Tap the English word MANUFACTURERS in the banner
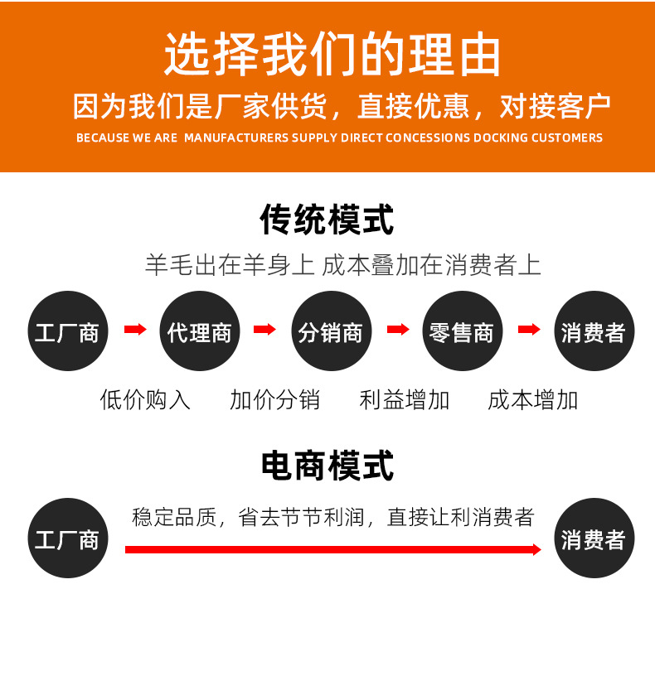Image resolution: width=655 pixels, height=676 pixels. tap(235, 138)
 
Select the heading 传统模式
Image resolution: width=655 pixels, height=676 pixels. tap(327, 220)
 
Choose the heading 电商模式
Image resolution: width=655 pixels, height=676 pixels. tap(327, 466)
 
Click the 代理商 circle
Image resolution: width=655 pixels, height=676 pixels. tap(199, 331)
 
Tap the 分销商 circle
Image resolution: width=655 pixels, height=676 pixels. tap(331, 331)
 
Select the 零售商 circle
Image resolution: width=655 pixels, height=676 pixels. tap(462, 331)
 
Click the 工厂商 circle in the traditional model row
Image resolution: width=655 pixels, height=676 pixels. tap(67, 331)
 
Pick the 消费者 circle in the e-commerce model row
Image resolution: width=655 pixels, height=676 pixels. tap(594, 538)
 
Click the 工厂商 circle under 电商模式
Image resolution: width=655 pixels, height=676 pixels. tap(67, 538)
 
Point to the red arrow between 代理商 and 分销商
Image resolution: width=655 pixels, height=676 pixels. tap(264, 330)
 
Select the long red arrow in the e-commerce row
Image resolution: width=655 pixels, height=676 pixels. tap(332, 549)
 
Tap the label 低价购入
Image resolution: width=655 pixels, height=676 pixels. tap(145, 400)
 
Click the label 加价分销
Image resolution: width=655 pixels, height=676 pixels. tap(275, 400)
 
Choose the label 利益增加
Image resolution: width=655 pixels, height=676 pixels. tap(405, 400)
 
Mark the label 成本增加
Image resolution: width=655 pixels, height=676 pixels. tap(533, 400)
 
